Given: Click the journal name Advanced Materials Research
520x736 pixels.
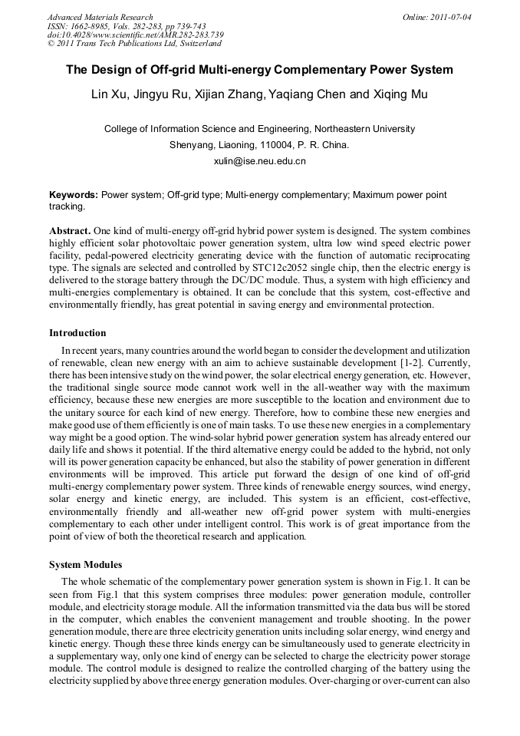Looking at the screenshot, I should pos(100,17).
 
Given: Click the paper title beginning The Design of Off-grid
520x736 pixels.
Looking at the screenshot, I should pos(259,70).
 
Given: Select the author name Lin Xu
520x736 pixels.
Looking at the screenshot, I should pos(107,95).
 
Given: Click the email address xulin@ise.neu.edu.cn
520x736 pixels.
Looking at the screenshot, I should pos(259,161).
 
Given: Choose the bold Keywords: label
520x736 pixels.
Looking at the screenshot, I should pos(74,196).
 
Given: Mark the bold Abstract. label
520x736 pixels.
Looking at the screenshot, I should pos(70,231).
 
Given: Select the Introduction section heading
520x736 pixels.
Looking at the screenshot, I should pos(77,333).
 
